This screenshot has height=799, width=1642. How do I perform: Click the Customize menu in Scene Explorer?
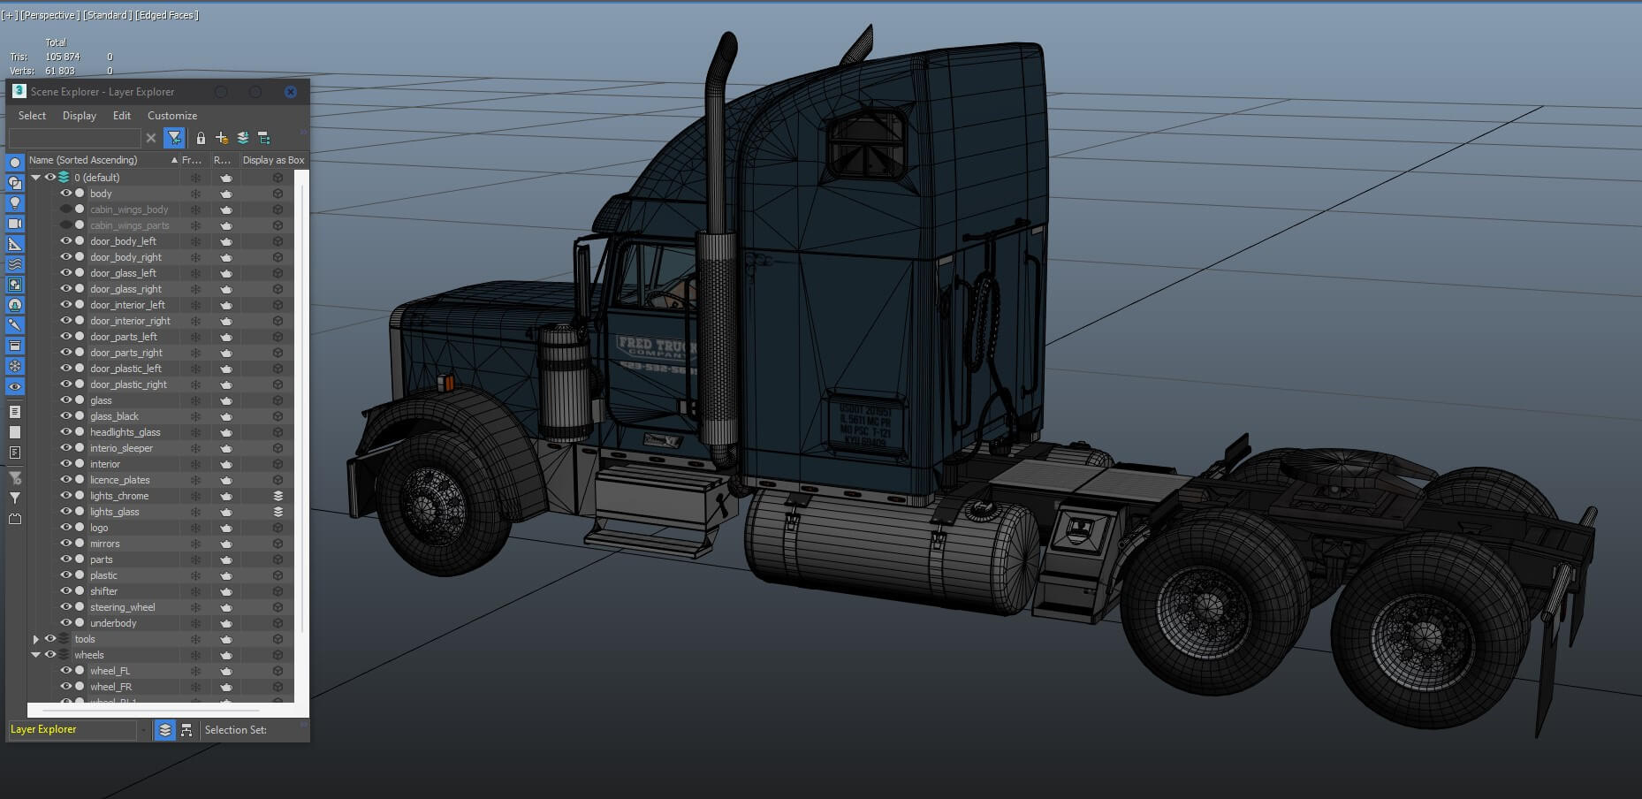(x=171, y=116)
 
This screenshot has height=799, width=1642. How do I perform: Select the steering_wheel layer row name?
(x=122, y=607)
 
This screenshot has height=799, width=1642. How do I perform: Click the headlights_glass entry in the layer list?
(x=125, y=432)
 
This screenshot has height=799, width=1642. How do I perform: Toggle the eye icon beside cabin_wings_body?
(x=65, y=209)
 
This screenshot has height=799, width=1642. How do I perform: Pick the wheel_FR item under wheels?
(x=110, y=687)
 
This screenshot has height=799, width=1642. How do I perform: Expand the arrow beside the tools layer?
(x=35, y=639)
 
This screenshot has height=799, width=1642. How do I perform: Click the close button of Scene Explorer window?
(x=290, y=92)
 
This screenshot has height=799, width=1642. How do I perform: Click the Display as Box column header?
(x=273, y=160)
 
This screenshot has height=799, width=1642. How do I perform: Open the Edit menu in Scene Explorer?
(x=121, y=116)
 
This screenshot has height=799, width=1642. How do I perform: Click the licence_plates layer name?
(x=119, y=480)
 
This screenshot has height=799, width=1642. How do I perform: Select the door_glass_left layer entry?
(x=123, y=273)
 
